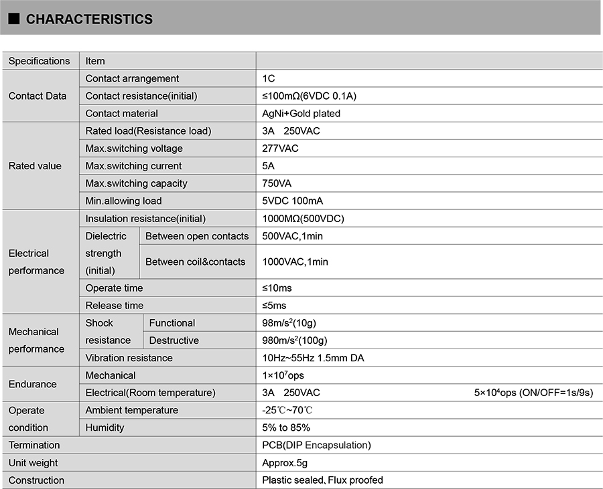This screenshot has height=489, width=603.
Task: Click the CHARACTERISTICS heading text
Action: coord(89,19)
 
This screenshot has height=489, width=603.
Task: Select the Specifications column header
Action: coord(39,61)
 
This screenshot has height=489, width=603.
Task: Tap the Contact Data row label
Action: coord(38,96)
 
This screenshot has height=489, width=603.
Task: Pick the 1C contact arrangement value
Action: coord(269,78)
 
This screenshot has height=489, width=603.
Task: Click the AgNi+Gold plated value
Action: coord(301,113)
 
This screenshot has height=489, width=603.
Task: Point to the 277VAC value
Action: coord(280,149)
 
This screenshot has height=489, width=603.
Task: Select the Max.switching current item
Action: coord(133,166)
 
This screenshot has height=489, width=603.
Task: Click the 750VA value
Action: coord(277,183)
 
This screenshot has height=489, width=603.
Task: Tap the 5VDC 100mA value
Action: coord(293,201)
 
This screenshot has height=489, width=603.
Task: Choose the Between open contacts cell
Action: coord(197,235)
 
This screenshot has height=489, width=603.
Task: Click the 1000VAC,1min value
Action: coord(295,262)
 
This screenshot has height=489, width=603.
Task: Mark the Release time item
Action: coord(115,305)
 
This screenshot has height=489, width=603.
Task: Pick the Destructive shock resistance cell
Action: coord(174,340)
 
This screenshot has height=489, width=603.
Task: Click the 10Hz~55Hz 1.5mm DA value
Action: coord(313,358)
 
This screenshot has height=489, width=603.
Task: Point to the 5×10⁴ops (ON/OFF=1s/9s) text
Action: coord(533,393)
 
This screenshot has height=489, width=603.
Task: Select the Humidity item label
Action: coord(105,427)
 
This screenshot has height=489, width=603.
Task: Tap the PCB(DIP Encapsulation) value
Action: coord(316,445)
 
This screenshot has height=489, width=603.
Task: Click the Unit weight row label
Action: coord(33,462)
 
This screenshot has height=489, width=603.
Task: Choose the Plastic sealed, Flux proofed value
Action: coord(322,480)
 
